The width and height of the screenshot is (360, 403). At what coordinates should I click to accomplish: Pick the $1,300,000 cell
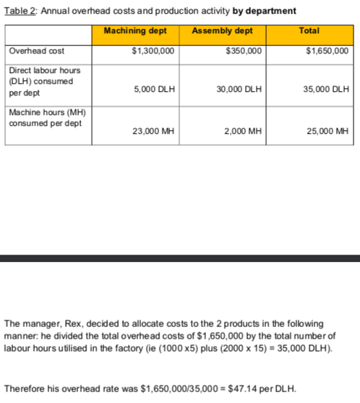pos(153,51)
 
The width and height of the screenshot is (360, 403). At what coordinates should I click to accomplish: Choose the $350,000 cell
pos(244,51)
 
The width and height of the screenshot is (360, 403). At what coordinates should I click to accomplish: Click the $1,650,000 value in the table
pos(327,51)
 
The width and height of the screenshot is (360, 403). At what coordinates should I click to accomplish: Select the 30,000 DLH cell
pos(239,89)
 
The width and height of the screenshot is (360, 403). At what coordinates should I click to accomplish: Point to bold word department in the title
pos(270,10)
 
